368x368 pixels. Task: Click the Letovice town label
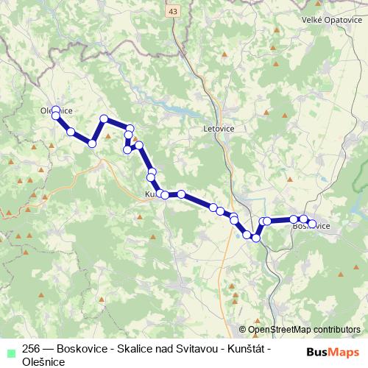[x=219, y=127]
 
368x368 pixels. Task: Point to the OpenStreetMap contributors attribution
[x=304, y=330]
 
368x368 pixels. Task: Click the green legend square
[x=10, y=350]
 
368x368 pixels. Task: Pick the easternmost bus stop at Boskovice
[x=312, y=224]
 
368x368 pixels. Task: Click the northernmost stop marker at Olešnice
[x=55, y=110]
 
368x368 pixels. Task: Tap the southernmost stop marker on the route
[x=256, y=238]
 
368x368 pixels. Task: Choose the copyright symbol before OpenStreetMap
[x=243, y=330]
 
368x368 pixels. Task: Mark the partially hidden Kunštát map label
[x=149, y=194]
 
